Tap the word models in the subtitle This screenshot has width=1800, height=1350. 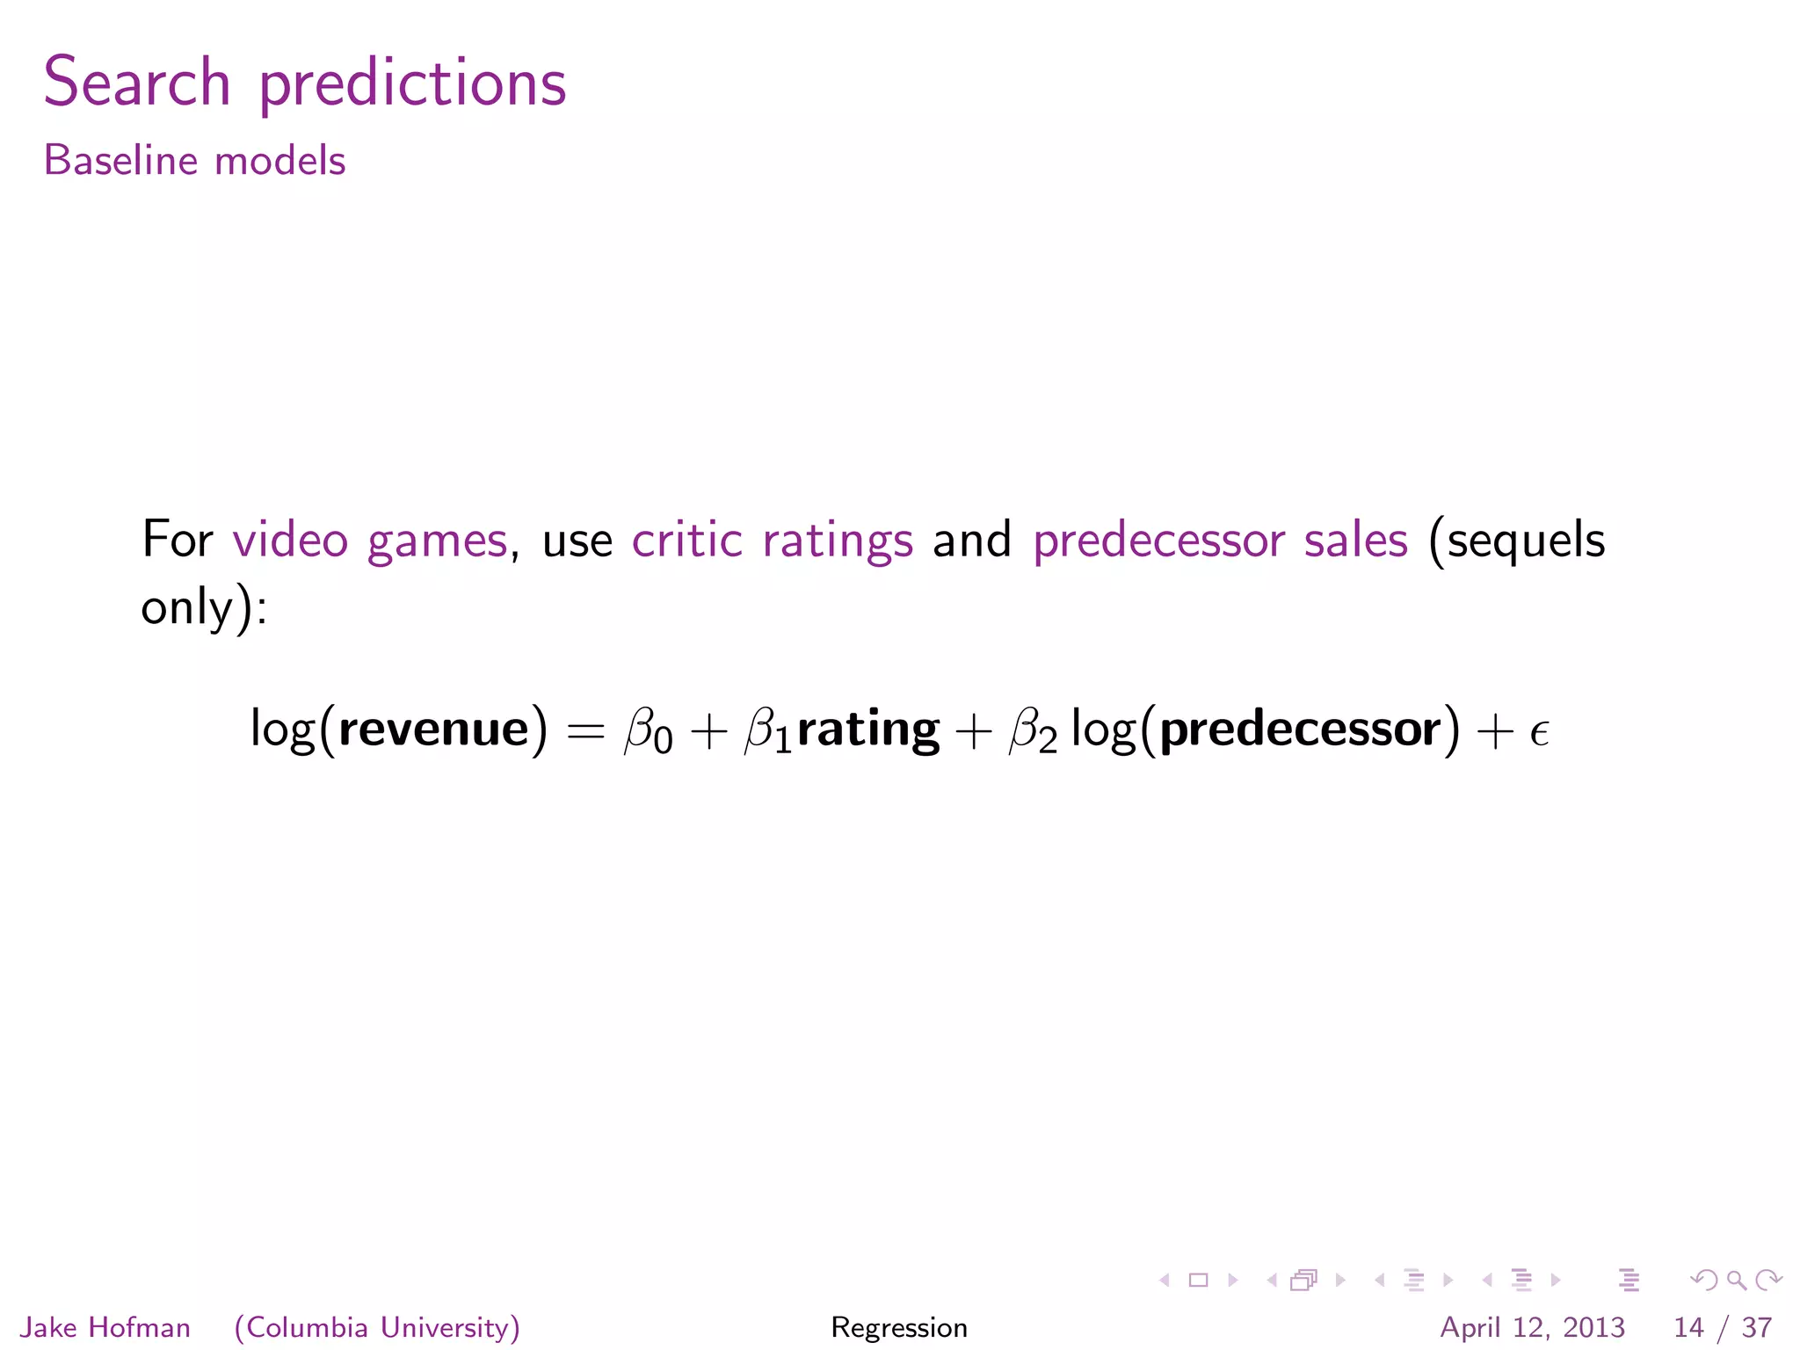[x=279, y=161]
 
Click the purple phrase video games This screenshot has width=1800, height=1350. [x=369, y=540]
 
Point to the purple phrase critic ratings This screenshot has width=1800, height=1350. [x=772, y=540]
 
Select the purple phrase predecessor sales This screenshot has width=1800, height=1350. [x=1220, y=540]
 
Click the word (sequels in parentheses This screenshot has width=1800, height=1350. [x=1517, y=540]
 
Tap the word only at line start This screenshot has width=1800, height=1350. [x=186, y=606]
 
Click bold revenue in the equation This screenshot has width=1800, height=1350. [x=433, y=729]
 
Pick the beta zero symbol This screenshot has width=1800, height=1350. [x=647, y=731]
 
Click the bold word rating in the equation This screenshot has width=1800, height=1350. [x=867, y=729]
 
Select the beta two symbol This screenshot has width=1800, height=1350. [x=1033, y=731]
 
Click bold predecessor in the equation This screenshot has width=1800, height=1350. [x=1300, y=729]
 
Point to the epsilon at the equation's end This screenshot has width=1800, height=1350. [x=1538, y=731]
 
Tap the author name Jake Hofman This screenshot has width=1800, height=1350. [x=105, y=1327]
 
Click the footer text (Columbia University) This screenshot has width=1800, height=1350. [x=377, y=1327]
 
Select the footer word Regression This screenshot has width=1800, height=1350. [x=899, y=1327]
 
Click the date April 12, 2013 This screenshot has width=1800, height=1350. [x=1532, y=1327]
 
